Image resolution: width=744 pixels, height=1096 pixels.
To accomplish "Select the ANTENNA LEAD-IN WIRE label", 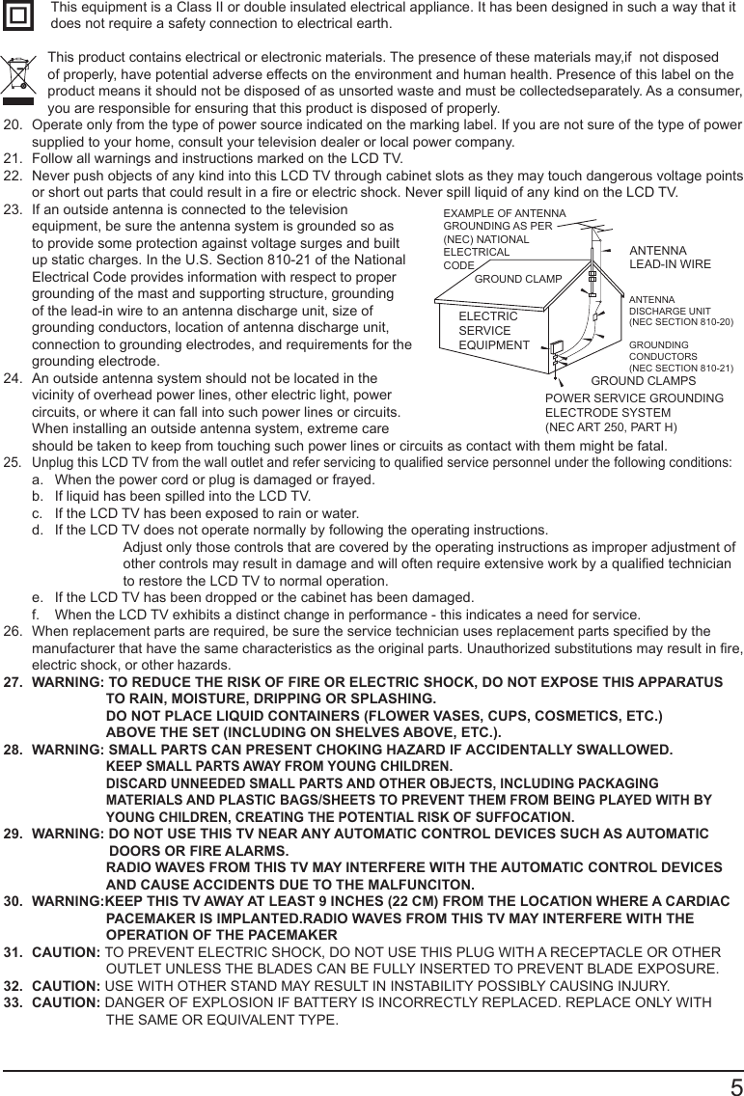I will click(x=670, y=257).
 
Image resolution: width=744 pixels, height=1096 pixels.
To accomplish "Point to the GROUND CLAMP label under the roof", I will click(x=518, y=279).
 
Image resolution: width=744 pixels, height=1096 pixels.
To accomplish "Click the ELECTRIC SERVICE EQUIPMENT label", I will click(x=493, y=331).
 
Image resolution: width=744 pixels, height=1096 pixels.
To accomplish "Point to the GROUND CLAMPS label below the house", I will click(x=643, y=381).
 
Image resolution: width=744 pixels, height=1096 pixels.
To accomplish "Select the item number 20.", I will click(x=13, y=125).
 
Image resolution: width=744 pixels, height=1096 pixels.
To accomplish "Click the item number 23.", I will click(x=13, y=209).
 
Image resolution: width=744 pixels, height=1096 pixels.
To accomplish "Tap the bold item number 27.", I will click(x=14, y=682).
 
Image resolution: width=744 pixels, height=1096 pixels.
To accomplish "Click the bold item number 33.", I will click(x=14, y=1002).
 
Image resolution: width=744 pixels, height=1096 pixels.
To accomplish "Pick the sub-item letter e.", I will click(x=37, y=597).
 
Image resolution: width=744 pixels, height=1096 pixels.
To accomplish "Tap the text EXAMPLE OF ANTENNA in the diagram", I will click(x=505, y=213).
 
